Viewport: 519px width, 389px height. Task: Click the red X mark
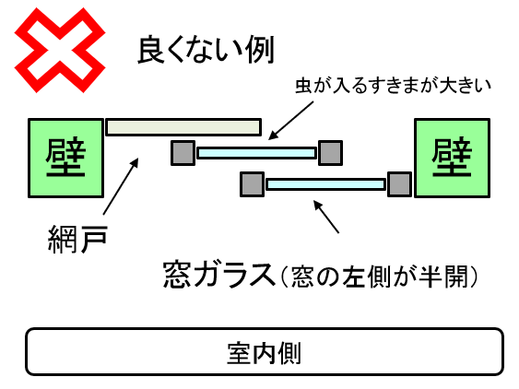coord(60,51)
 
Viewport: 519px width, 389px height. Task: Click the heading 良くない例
coord(206,50)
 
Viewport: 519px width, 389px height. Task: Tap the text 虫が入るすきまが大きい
coord(394,86)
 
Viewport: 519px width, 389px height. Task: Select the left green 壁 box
coord(65,158)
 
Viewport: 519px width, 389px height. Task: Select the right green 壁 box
coord(452,158)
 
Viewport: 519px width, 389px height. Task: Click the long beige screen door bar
coord(183,127)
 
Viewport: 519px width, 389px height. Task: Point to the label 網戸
coord(77,239)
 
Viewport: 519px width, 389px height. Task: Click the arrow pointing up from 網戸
coord(121,186)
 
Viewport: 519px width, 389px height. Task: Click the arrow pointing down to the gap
coord(290,120)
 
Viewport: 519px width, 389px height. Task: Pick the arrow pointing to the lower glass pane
coord(326,217)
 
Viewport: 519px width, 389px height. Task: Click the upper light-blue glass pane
coord(256,153)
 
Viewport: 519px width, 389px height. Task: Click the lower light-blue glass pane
coord(326,184)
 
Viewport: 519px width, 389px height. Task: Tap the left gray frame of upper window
coord(183,153)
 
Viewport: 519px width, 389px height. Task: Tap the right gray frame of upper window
coord(330,153)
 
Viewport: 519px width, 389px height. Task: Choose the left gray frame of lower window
coord(253,184)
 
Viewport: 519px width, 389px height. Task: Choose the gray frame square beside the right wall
coord(400,184)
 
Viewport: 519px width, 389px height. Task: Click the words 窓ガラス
coord(219,275)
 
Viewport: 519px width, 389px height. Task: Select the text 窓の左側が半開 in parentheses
coord(379,277)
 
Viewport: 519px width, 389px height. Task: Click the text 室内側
coord(265,353)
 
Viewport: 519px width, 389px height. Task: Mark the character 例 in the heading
coord(260,50)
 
